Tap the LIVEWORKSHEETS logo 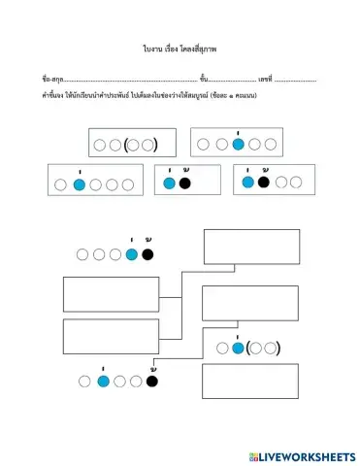(x=302, y=455)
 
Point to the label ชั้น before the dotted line (x=203, y=78)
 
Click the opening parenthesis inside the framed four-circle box (x=126, y=146)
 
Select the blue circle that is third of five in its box (x=238, y=146)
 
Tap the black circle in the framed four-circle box (x=263, y=182)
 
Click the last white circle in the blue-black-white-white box (x=294, y=182)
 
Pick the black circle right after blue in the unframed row (x=147, y=254)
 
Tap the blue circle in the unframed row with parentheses (x=237, y=347)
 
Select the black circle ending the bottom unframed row (x=151, y=382)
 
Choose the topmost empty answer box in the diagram (x=238, y=247)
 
